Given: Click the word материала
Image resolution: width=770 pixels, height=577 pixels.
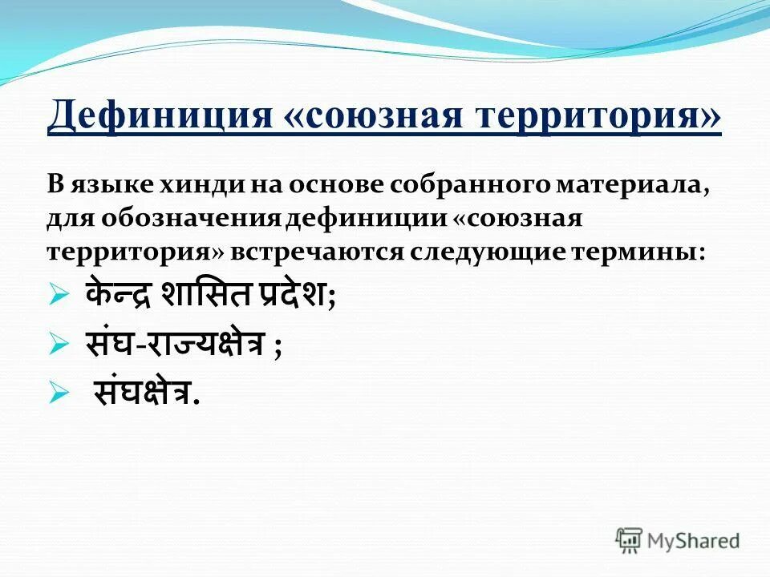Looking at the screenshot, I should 628,186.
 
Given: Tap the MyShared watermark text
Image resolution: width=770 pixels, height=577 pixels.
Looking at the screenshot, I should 695,540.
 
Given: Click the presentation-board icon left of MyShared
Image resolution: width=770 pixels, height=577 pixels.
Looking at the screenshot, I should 629,540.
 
